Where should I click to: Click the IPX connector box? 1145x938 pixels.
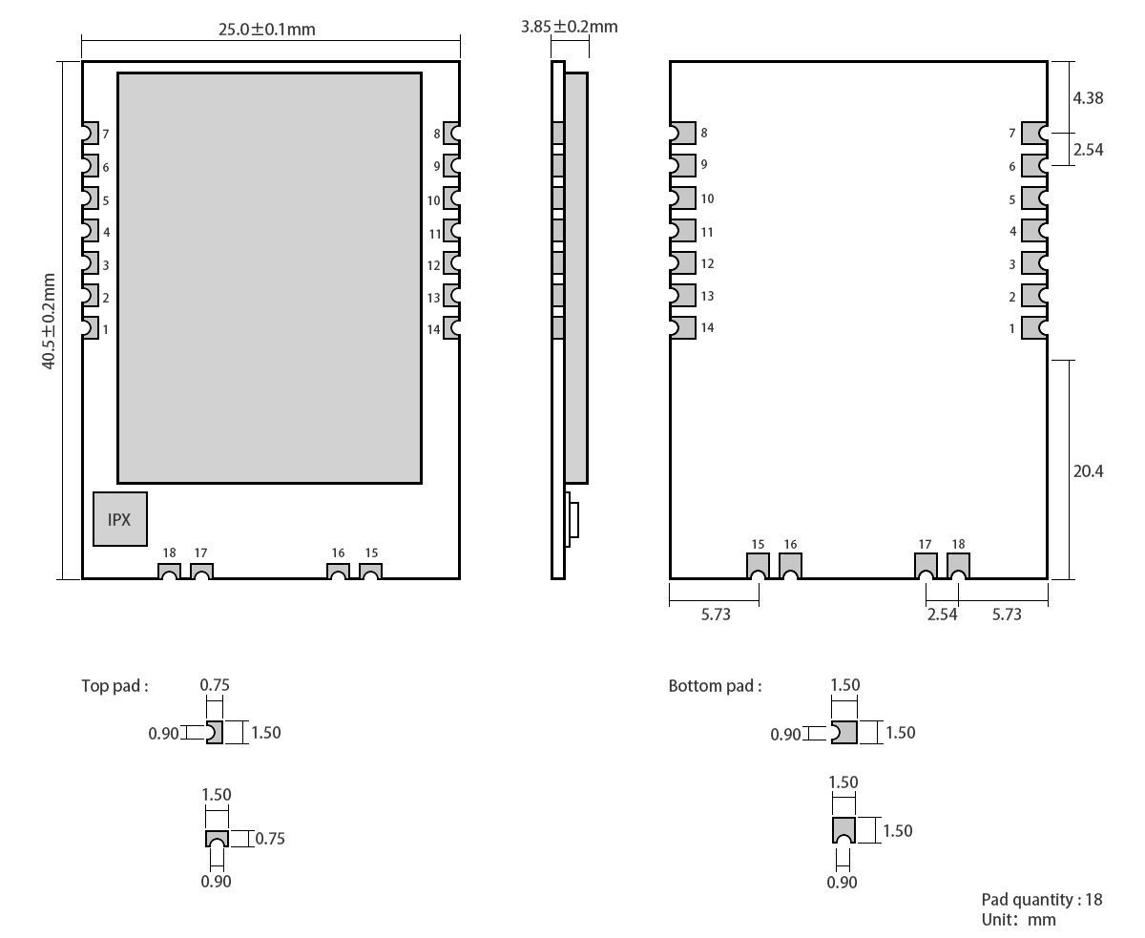click(120, 519)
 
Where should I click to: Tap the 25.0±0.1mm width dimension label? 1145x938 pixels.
click(267, 29)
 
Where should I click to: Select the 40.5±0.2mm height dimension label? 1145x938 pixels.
click(49, 321)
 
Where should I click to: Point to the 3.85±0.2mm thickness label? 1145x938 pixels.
click(569, 27)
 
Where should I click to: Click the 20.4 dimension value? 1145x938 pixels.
click(1088, 471)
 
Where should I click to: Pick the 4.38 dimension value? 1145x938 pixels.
click(1088, 97)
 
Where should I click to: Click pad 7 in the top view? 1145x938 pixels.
click(90, 134)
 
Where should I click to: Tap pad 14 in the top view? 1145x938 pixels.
click(451, 328)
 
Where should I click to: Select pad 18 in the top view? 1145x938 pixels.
click(169, 572)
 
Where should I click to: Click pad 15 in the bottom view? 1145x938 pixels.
click(758, 565)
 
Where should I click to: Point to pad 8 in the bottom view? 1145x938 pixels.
click(682, 134)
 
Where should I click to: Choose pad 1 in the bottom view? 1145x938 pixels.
click(1033, 328)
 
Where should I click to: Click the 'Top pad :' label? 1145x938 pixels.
click(114, 685)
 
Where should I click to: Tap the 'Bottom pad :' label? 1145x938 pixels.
click(715, 686)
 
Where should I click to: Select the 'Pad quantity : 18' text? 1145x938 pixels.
click(1041, 900)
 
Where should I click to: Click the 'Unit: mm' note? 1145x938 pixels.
click(1018, 920)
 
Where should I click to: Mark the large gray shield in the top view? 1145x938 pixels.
click(269, 278)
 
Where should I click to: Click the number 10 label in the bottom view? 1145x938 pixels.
click(707, 198)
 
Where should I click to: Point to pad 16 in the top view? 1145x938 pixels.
click(338, 572)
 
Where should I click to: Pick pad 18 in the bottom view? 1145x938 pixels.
click(958, 565)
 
